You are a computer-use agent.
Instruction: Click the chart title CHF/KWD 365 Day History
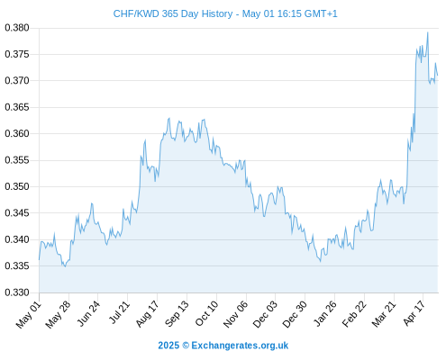pyautogui.click(x=173, y=13)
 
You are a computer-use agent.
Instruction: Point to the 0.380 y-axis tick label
pyautogui.click(x=17, y=28)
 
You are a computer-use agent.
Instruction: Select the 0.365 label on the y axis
pyautogui.click(x=17, y=107)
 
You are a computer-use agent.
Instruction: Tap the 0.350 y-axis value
pyautogui.click(x=17, y=186)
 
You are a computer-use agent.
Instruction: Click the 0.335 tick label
pyautogui.click(x=17, y=265)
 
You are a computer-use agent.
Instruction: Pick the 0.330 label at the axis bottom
pyautogui.click(x=17, y=292)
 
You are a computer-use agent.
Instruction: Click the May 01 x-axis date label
pyautogui.click(x=29, y=314)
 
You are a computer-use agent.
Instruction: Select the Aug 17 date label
pyautogui.click(x=147, y=314)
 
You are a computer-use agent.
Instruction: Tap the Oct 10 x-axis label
pyautogui.click(x=206, y=313)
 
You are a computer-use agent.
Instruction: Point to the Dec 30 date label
pyautogui.click(x=295, y=314)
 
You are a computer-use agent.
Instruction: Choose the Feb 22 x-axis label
pyautogui.click(x=354, y=314)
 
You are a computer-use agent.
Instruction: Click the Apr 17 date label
pyautogui.click(x=414, y=313)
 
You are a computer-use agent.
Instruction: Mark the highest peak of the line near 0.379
pyautogui.click(x=428, y=32)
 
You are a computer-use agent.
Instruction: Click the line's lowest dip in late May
pyautogui.click(x=65, y=266)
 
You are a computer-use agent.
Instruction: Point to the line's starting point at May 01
pyautogui.click(x=39, y=260)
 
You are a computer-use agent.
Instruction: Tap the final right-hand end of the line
pyautogui.click(x=438, y=75)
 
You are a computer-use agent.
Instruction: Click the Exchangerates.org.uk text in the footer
pyautogui.click(x=240, y=346)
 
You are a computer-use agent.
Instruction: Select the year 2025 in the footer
pyautogui.click(x=168, y=346)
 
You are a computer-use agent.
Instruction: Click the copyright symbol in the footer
pyautogui.click(x=186, y=346)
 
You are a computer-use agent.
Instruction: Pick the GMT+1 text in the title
pyautogui.click(x=321, y=13)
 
